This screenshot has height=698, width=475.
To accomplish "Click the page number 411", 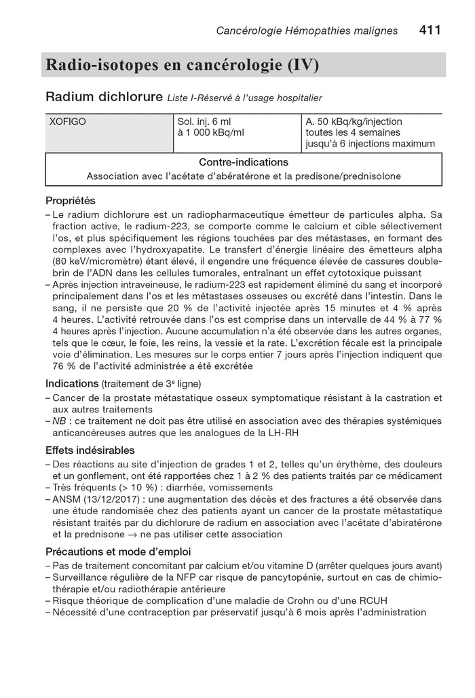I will (430, 31).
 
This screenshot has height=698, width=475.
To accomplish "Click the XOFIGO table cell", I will (68, 121).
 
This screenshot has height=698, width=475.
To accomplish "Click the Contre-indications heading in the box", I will (244, 163).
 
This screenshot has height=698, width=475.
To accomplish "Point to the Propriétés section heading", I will (71, 201).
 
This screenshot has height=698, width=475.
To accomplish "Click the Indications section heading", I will (72, 383).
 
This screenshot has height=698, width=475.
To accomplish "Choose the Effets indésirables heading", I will (90, 450).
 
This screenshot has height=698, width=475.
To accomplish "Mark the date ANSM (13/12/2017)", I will (96, 499).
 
